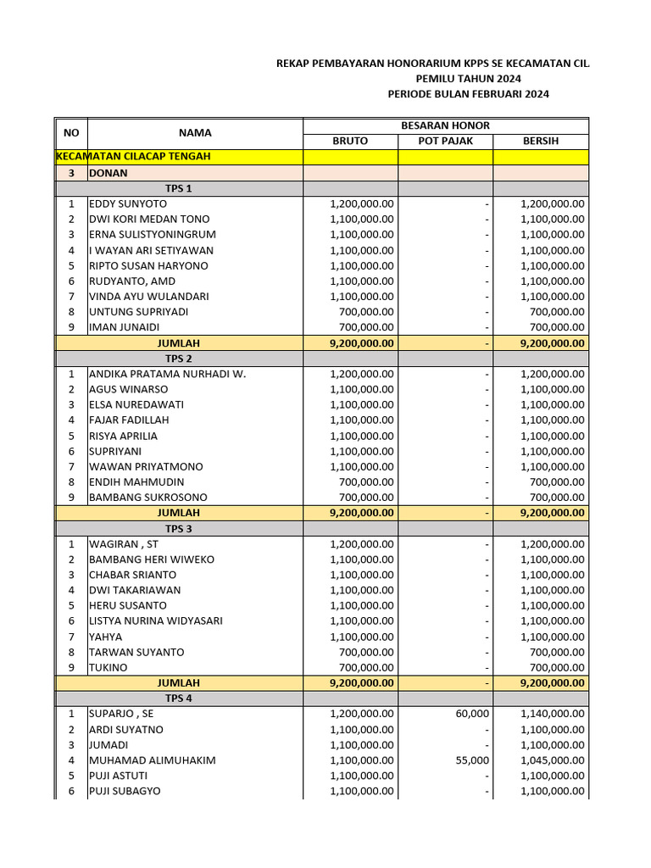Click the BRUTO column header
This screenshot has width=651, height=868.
coord(350,141)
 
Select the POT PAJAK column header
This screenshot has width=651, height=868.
coord(445,141)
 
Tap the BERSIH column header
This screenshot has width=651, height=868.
coord(540,141)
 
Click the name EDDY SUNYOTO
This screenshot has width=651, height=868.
coord(128,203)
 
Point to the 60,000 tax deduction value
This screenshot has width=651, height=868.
coord(471,714)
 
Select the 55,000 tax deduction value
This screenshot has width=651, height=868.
coord(471,760)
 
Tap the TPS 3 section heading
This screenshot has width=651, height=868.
coord(178,528)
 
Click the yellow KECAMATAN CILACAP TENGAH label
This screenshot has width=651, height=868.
coord(133,157)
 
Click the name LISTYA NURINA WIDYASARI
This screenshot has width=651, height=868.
coord(156,620)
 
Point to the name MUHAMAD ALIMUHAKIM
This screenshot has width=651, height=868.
coord(152,760)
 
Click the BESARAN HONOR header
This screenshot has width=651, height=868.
coord(445,125)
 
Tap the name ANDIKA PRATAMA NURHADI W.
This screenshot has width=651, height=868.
coord(167,374)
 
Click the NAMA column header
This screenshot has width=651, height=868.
coord(195,133)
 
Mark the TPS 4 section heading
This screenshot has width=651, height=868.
coord(178,698)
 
